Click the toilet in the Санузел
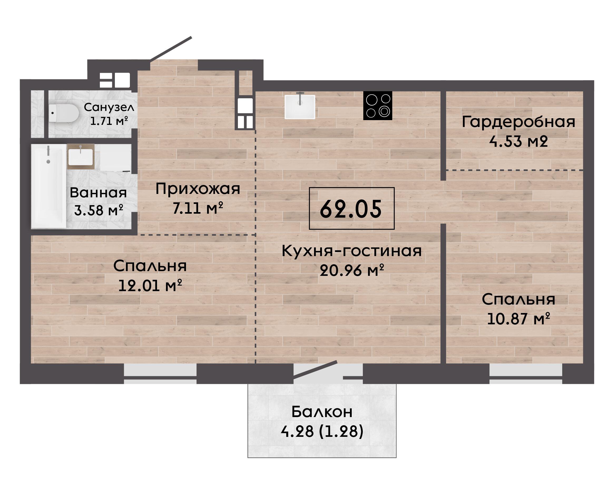coord(63,113)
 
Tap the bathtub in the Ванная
coord(49,186)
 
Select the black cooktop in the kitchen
coord(378,105)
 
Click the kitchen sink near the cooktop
coord(300,106)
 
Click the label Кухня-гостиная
coord(352,251)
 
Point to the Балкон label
coord(322,412)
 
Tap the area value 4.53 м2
coord(518,141)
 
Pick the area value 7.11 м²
coord(198,208)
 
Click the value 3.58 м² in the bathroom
coord(99,210)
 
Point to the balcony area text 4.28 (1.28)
coord(322,431)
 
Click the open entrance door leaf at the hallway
coord(171,49)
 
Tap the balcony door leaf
coord(315,370)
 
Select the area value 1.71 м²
coord(109,121)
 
